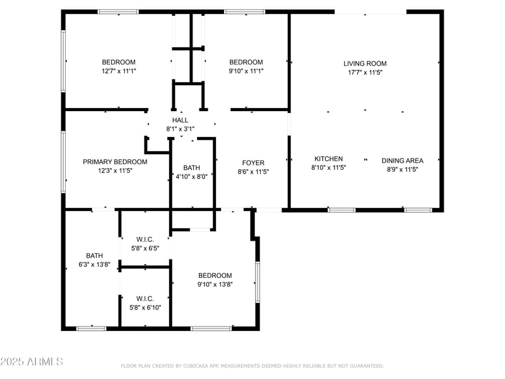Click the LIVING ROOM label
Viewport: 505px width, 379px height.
click(365, 63)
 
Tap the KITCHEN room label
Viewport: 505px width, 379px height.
click(329, 159)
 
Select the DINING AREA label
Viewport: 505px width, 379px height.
click(402, 160)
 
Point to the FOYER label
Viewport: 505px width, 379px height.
click(253, 163)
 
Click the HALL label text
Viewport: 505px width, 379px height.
click(181, 120)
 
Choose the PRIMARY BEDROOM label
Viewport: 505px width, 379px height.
click(115, 162)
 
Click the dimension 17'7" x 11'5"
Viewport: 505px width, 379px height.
click(365, 73)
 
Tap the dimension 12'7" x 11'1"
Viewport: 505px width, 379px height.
click(119, 71)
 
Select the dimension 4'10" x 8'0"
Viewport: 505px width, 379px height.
click(191, 176)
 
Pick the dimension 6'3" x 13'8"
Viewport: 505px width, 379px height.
click(95, 265)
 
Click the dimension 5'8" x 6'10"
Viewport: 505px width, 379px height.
click(145, 308)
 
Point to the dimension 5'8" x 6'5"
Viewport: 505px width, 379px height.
click(145, 248)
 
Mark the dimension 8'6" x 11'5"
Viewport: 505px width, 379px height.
click(253, 172)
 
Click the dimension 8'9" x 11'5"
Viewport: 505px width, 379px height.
click(402, 169)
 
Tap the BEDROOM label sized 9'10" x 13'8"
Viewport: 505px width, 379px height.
click(215, 275)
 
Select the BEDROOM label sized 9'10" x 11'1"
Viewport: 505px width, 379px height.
click(246, 62)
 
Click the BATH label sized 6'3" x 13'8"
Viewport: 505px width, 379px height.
click(95, 256)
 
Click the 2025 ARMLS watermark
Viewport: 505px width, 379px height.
click(32, 362)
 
